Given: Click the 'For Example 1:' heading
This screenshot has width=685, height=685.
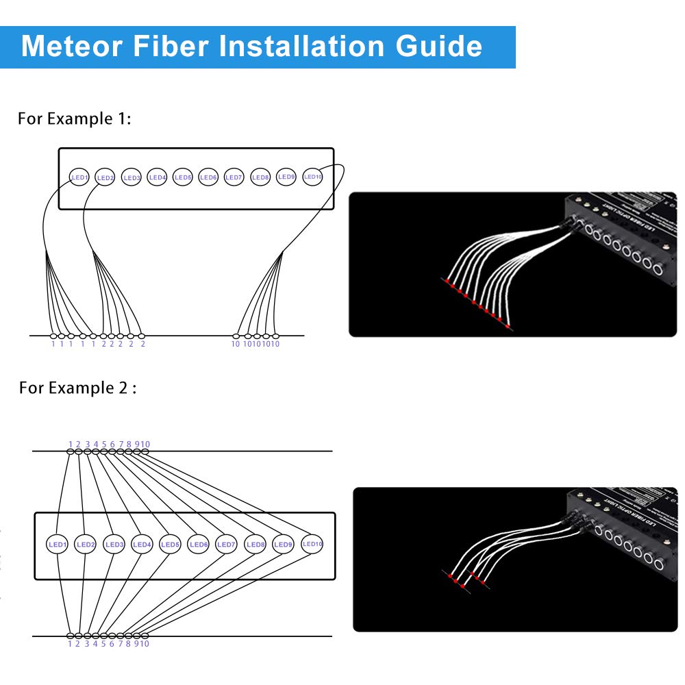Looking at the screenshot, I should (x=74, y=119).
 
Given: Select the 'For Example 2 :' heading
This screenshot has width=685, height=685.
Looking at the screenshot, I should (x=77, y=388).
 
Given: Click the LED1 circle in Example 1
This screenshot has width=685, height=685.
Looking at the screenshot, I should (x=80, y=177).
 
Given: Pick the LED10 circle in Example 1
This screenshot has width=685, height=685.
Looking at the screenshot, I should (x=312, y=177).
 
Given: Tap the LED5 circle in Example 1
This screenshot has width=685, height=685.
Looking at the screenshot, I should (x=183, y=177).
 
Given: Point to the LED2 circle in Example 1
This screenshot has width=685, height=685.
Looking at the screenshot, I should (x=105, y=177).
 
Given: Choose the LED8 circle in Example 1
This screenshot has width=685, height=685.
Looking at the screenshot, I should (x=260, y=177).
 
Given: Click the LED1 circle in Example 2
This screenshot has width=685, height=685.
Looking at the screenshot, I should (x=58, y=545).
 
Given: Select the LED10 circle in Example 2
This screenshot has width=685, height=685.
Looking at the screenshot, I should (x=312, y=544).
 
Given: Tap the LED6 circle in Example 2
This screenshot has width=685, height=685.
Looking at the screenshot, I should (x=199, y=545).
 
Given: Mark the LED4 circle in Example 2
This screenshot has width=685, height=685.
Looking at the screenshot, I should (x=142, y=545).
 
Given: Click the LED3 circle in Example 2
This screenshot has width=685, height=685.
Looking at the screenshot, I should (x=114, y=545).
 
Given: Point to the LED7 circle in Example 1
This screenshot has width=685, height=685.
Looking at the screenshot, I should (x=234, y=177).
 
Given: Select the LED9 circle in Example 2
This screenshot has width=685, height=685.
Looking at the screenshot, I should (x=284, y=545).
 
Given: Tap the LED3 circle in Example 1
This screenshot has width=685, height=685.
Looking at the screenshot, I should (x=132, y=177).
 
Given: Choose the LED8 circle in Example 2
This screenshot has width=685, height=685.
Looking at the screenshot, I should (x=255, y=545).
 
